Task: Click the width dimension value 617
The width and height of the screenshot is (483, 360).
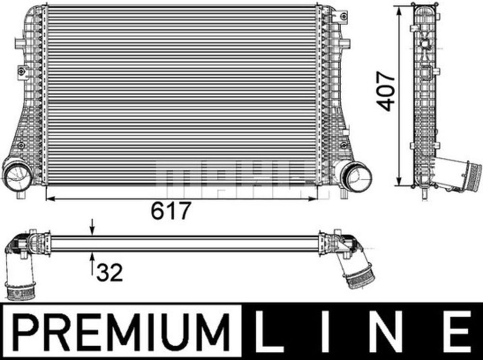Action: pyautogui.click(x=171, y=211)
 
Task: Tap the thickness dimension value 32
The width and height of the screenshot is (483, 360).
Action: pyautogui.click(x=110, y=273)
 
